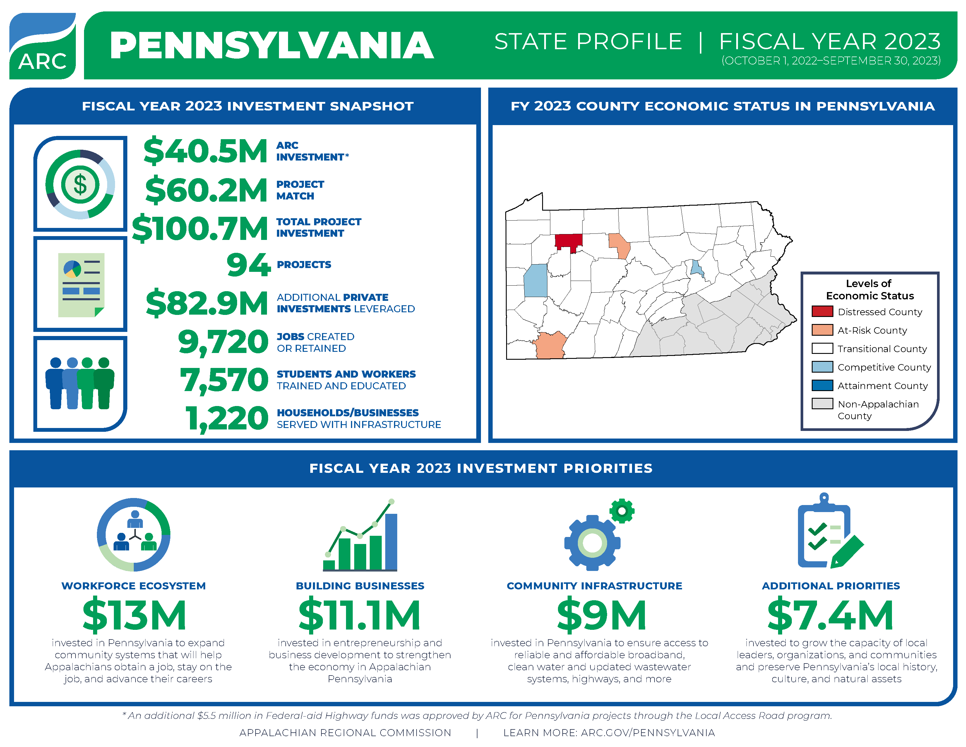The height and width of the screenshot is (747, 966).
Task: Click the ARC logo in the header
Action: coord(42,46)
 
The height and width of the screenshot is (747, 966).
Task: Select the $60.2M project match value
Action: coord(206,190)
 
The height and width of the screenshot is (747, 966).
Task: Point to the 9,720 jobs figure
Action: coord(223,342)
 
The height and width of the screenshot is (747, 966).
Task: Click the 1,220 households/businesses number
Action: coord(227,419)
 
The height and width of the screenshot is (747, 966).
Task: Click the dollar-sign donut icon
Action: coord(80,184)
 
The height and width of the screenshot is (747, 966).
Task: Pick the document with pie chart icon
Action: coord(81,284)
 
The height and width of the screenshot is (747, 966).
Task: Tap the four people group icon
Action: coord(80,383)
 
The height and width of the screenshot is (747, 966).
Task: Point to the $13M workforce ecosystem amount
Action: coord(134,615)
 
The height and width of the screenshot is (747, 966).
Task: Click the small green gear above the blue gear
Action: coord(622,511)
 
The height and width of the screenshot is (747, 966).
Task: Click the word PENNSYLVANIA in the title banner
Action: coord(272,46)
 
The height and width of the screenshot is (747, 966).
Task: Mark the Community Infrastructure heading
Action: coord(594,586)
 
